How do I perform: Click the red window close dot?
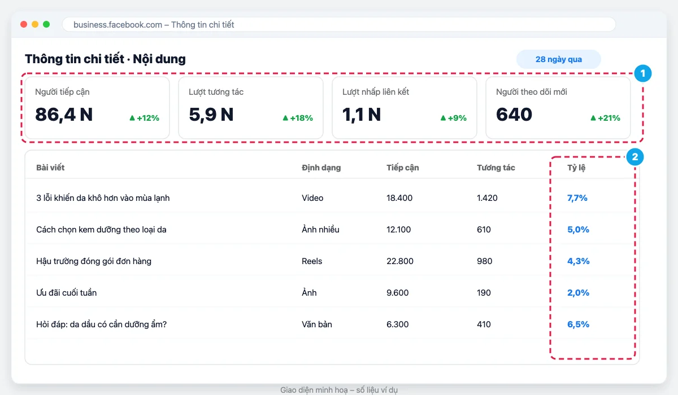click(24, 24)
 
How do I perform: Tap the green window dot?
click(46, 24)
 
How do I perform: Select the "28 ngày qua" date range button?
click(558, 59)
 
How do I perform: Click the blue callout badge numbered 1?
click(642, 73)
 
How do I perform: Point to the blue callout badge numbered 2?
click(634, 157)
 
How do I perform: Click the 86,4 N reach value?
click(64, 115)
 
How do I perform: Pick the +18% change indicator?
click(298, 118)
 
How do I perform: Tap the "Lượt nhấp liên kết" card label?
click(376, 92)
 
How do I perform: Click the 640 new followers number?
click(514, 115)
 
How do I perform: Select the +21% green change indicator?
click(605, 118)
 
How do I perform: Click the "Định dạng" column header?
click(321, 168)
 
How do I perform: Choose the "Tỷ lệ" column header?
click(576, 168)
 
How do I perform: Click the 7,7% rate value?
click(577, 198)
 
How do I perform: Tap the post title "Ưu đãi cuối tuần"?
click(66, 292)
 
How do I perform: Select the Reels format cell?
click(312, 261)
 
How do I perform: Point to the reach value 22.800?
click(400, 261)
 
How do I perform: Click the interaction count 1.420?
click(487, 198)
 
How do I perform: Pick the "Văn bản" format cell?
click(316, 324)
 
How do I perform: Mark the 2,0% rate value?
click(578, 292)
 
